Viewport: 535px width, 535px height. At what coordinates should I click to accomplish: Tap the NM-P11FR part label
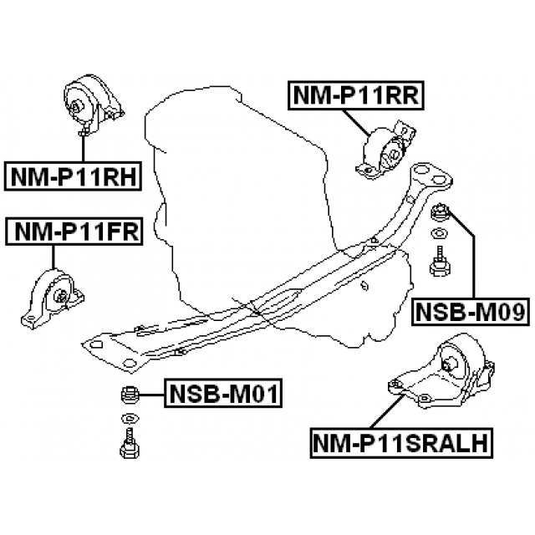click(74, 230)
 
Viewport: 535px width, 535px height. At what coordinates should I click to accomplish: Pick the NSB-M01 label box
click(223, 392)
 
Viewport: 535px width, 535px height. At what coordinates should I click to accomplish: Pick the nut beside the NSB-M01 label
click(130, 392)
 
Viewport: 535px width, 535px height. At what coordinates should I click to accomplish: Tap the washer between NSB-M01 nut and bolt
click(130, 417)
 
